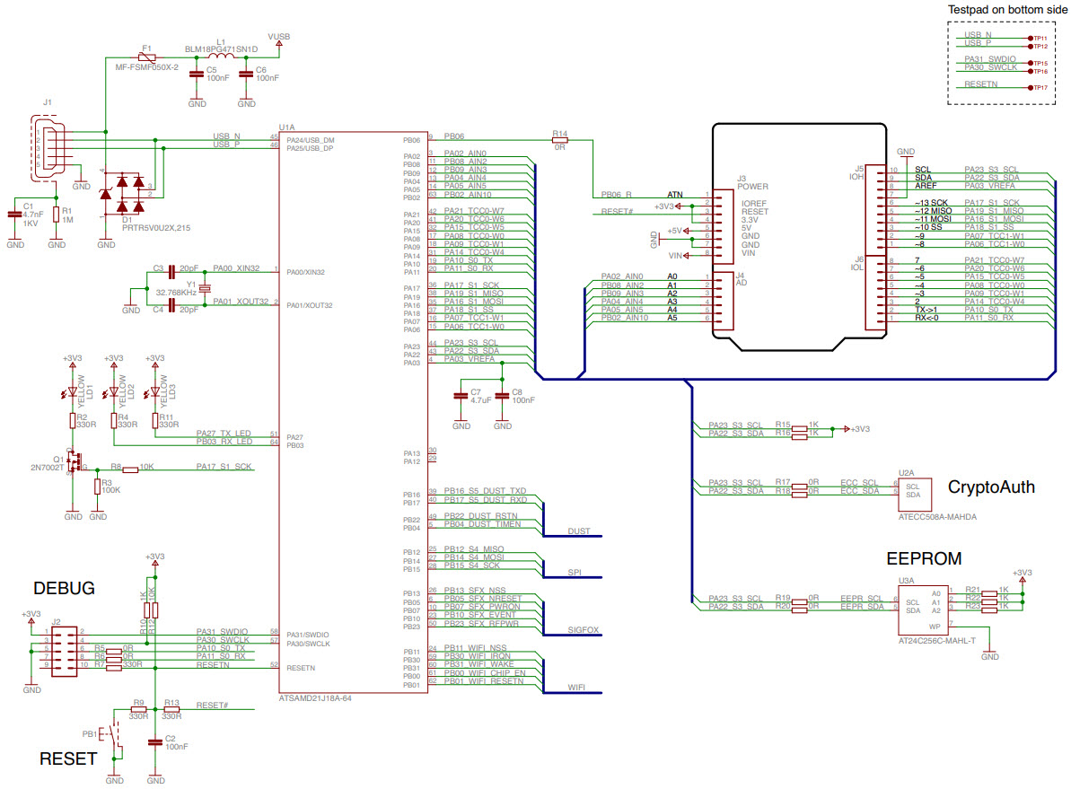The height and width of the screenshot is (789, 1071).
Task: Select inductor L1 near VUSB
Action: pos(221,57)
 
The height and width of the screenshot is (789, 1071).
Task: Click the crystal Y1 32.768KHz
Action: pos(205,287)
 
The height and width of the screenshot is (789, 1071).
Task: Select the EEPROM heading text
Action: pos(924,558)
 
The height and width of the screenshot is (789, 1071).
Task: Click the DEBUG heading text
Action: pos(64,589)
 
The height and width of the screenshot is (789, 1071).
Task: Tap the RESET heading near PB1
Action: pos(67,758)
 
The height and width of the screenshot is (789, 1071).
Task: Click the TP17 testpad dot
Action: pos(1029,88)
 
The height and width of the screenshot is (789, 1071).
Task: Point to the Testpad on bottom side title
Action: pos(1007,9)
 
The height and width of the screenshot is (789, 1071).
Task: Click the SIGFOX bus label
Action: pos(584,629)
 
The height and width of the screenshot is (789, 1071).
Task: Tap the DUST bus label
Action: pos(579,531)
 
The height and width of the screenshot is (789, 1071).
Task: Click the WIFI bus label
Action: pos(578,687)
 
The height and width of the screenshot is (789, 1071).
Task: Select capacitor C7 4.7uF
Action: pos(461,396)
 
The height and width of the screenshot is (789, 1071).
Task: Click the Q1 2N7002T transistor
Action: pos(75,463)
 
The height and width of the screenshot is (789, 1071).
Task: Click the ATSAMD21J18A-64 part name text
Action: pos(314,697)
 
